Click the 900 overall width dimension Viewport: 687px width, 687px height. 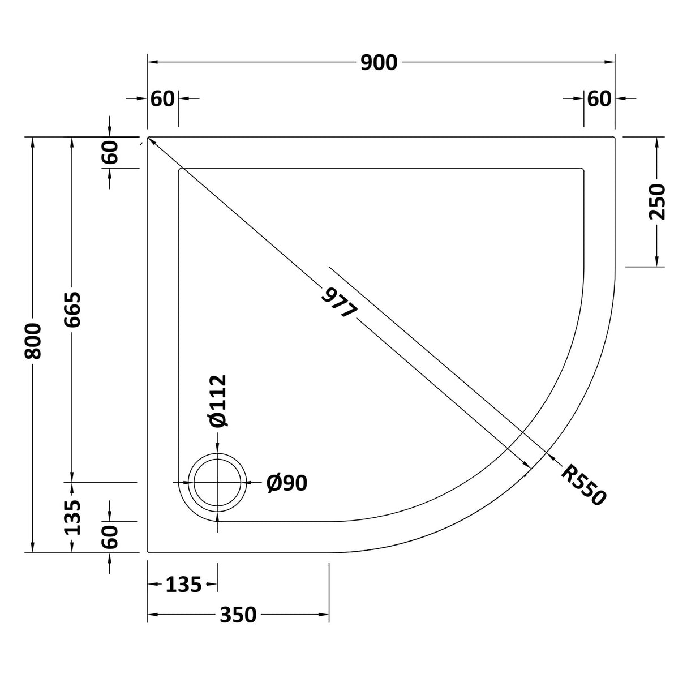[379, 63]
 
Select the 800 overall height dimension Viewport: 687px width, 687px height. [34, 342]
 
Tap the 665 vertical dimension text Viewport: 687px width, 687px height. [72, 309]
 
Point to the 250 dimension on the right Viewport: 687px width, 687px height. [658, 201]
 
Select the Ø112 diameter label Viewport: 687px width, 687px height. [217, 401]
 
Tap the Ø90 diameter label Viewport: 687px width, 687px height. [287, 483]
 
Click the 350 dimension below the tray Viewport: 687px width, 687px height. [238, 614]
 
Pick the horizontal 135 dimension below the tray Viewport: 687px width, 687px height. [183, 585]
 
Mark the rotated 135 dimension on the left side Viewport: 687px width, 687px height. [72, 517]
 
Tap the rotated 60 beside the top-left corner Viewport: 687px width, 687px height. [110, 152]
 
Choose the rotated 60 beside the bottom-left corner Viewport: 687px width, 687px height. [110, 536]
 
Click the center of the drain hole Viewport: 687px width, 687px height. [217, 482]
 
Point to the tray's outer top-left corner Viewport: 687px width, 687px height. [148, 138]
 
